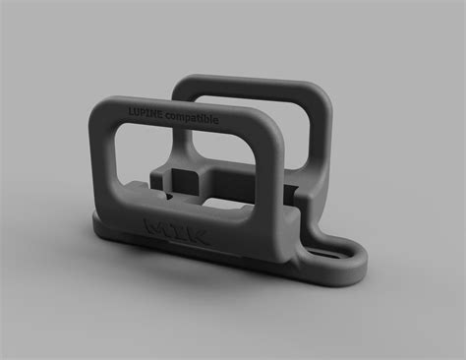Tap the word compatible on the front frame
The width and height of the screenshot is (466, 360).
[192, 118]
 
